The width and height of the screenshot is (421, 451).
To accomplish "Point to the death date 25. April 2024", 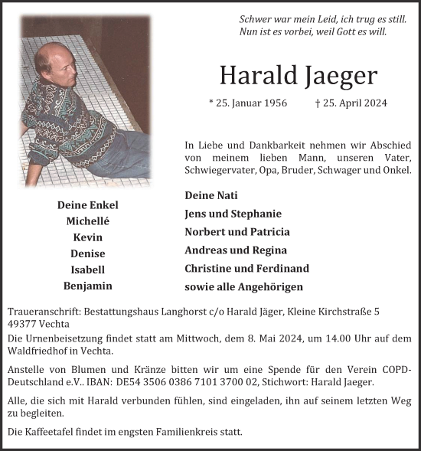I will pyautogui.click(x=351, y=103).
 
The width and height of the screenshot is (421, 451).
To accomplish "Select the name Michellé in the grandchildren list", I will pyautogui.click(x=88, y=221).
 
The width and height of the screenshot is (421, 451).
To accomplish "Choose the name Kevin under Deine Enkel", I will pyautogui.click(x=88, y=237).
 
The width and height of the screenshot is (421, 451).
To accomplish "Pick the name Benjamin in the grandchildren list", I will pyautogui.click(x=88, y=286).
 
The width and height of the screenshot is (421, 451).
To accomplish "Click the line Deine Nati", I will pyautogui.click(x=210, y=197).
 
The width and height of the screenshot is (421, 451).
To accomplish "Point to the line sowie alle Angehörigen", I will pyautogui.click(x=243, y=286).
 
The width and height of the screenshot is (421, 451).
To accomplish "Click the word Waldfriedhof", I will pyautogui.click(x=38, y=351).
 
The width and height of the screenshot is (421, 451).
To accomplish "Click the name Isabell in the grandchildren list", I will pyautogui.click(x=88, y=270).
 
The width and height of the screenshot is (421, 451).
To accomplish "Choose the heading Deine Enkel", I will pyautogui.click(x=88, y=204).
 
